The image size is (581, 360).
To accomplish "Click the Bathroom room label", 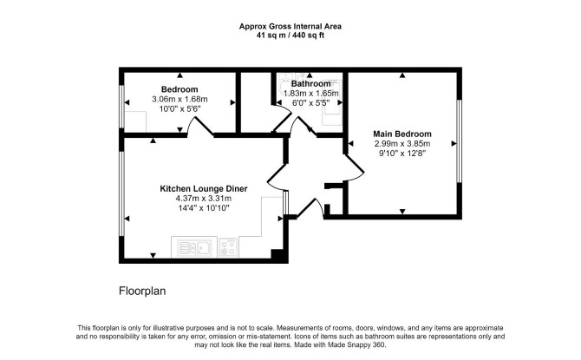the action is coord(310,84).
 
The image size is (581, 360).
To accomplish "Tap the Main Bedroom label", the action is coord(402,134).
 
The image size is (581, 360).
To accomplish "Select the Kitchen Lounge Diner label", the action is coord(204,189).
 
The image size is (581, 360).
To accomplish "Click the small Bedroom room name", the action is coord(180,89).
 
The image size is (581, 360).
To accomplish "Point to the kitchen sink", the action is coord(193,247).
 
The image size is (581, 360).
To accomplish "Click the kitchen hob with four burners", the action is coord(227,247).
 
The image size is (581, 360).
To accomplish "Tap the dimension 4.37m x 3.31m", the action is coord(204,199).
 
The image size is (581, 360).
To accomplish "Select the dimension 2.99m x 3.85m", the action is coord(402,144).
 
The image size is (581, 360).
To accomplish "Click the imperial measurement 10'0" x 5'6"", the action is coord(180,109).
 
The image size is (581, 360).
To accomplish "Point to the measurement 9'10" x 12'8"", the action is coord(402,154).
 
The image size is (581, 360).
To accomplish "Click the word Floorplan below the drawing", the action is coord(142,291).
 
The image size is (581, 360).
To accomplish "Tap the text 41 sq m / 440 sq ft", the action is coord(290,36).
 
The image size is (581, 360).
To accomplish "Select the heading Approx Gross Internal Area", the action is coord(290,26).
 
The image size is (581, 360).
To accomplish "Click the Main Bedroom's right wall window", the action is coord(459,141).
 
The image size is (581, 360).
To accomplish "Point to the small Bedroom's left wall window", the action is coord(121,107).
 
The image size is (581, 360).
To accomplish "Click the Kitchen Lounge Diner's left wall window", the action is coord(121,193).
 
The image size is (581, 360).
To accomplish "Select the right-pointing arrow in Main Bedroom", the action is coord(454,143).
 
